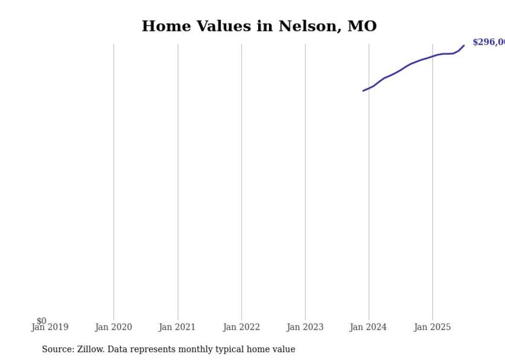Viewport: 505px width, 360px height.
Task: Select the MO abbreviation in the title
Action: (x=362, y=26)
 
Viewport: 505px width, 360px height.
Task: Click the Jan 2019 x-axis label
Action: (x=49, y=327)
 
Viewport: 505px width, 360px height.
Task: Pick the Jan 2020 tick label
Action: (x=113, y=327)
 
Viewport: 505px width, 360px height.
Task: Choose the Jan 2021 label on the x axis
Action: (x=177, y=327)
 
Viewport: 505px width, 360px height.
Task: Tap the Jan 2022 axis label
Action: (x=241, y=327)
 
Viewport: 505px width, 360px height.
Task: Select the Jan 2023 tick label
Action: (x=305, y=327)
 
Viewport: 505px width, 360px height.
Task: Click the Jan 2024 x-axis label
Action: (x=368, y=327)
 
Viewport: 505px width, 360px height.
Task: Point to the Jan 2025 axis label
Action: (x=432, y=327)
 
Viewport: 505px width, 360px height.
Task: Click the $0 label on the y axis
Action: (x=41, y=321)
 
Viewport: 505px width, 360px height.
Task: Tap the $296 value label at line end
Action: (x=489, y=42)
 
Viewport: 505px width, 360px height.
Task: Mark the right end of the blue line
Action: (x=464, y=45)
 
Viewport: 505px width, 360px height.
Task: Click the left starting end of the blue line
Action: (x=363, y=91)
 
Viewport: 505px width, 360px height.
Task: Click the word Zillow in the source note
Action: (x=90, y=349)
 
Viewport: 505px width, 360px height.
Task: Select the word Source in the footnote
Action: (x=57, y=349)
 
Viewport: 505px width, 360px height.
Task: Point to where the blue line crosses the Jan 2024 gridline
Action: (x=369, y=88)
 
